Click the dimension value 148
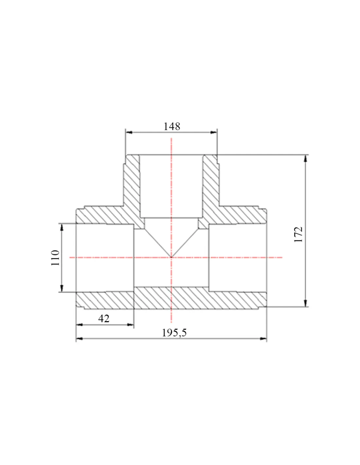tap(172, 127)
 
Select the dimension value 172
tap(298, 234)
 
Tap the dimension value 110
tap(55, 258)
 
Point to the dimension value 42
tap(104, 319)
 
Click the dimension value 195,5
tap(174, 333)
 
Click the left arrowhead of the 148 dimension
tap(129, 132)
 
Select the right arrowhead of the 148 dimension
tap(213, 132)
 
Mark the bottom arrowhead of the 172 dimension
tap(306, 303)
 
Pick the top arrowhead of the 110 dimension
tap(62, 227)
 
